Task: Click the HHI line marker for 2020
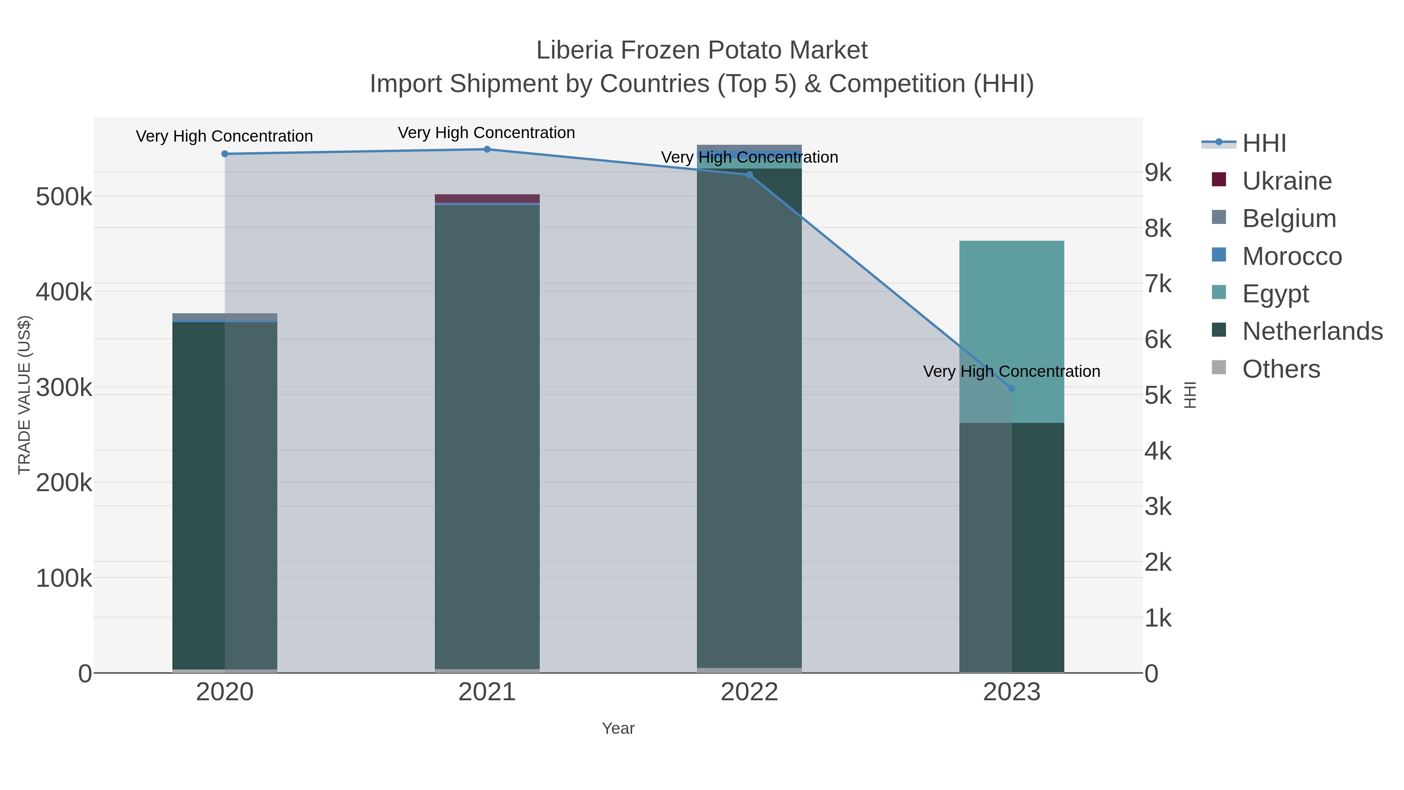tap(225, 154)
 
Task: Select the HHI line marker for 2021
tap(487, 149)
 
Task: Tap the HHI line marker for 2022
tap(750, 175)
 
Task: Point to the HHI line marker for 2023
tap(1012, 389)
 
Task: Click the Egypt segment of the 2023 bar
tap(1012, 327)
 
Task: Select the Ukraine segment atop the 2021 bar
tap(487, 199)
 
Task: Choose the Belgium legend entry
tap(1289, 218)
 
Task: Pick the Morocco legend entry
tap(1291, 256)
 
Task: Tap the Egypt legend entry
tap(1275, 294)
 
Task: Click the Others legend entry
tap(1281, 369)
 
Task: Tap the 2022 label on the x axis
tap(750, 692)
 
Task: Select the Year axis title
tap(618, 728)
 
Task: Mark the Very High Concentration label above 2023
tap(1012, 372)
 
